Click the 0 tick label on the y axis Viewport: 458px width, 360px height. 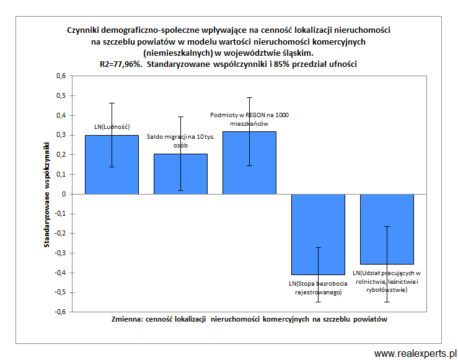coord(64,194)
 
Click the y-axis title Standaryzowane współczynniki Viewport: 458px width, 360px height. coord(46,194)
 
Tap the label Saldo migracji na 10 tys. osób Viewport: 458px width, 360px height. coord(180,141)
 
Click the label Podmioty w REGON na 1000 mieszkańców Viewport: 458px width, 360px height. coord(249,119)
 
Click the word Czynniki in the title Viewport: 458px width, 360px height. coord(86,30)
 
